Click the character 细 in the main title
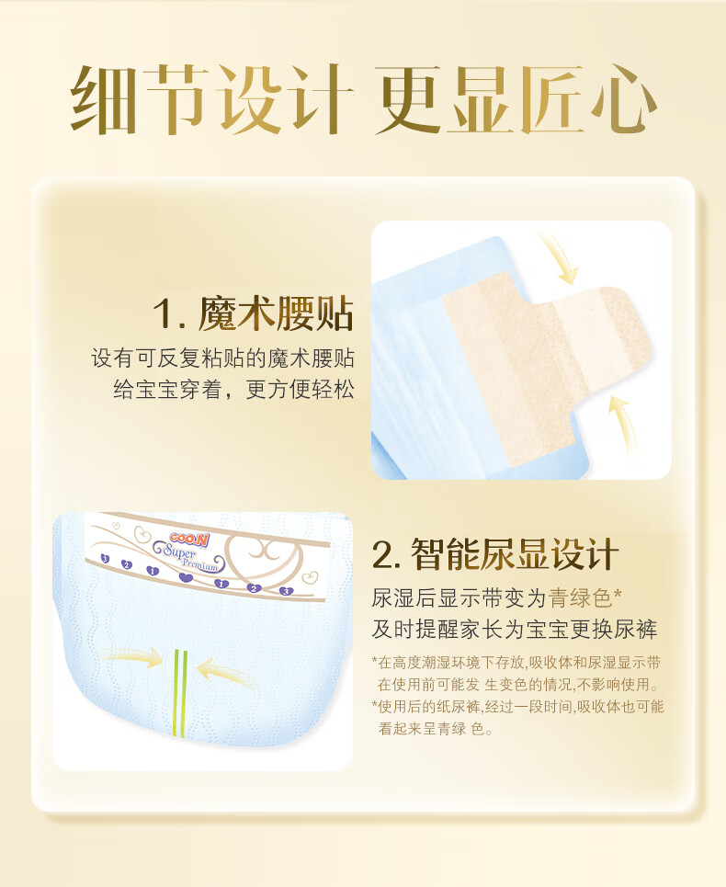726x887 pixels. pos(104,99)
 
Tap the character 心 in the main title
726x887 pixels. pos(619,99)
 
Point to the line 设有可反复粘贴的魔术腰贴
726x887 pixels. pos(222,358)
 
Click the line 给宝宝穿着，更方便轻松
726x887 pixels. pos(233,389)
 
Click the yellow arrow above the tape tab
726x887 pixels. pos(559,259)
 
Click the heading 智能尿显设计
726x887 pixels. pos(515,554)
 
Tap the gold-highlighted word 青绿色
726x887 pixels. pos(581,597)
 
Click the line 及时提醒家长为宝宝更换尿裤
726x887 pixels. pos(515,629)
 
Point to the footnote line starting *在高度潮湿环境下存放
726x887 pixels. pos(516,663)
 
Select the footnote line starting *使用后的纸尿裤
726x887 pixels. pos(517,707)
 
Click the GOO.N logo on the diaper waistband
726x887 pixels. pos(189,540)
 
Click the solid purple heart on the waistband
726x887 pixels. pos(186,577)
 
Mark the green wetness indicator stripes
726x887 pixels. pos(180,693)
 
